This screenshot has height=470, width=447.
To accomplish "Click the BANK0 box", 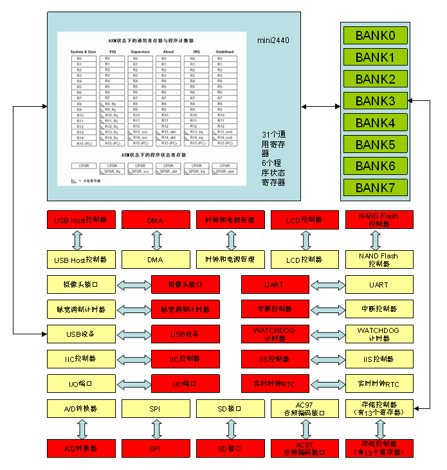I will pos(375,35).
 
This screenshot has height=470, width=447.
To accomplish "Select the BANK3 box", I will pos(375,101).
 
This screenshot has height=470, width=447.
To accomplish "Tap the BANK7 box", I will pos(375,188).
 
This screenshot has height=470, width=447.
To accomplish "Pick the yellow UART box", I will pos(379,284).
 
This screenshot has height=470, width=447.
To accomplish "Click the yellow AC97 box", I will pos(304,408).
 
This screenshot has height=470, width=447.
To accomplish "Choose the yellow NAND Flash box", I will pos(379,259).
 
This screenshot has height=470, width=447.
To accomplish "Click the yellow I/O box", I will pos(81,384).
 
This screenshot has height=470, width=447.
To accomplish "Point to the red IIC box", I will pos(185,359).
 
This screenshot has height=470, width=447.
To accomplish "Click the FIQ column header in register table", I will pos(113,51).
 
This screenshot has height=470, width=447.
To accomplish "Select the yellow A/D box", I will pos(81,408).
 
